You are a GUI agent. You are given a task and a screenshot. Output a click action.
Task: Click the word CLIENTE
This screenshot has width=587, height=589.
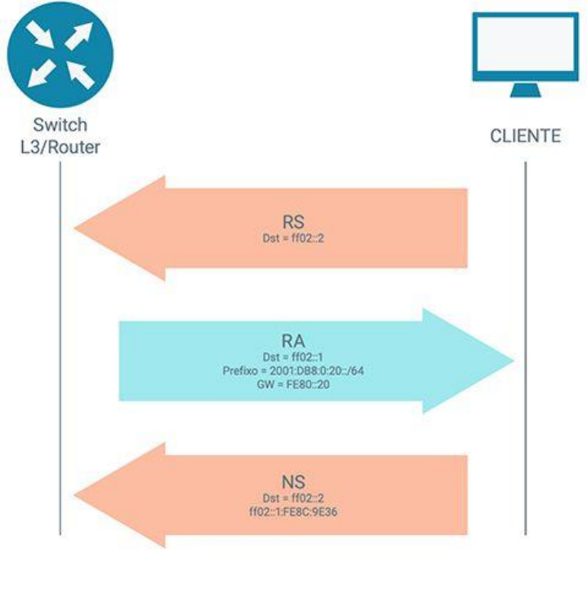525,136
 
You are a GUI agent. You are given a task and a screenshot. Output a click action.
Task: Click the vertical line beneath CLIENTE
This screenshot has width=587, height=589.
525,343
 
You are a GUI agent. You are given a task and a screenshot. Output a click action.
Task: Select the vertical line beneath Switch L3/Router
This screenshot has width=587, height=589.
60,343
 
